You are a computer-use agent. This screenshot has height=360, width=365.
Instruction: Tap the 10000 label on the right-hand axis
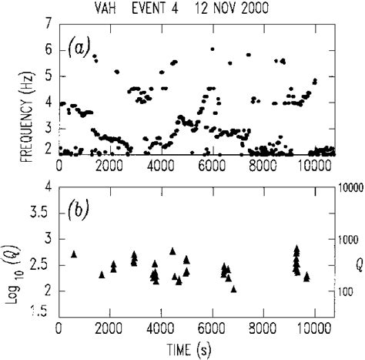349,187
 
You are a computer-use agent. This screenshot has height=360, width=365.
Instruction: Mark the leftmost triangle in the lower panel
74,254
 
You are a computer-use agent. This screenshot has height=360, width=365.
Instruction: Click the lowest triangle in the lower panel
233,288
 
